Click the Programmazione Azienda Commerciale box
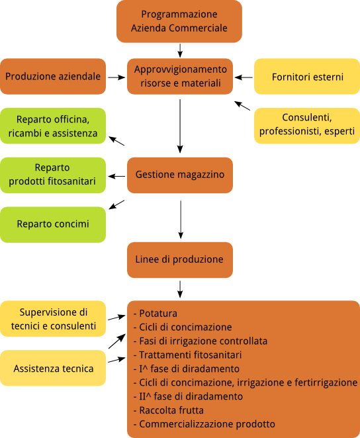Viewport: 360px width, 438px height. [179, 22]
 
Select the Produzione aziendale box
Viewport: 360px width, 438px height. [53, 76]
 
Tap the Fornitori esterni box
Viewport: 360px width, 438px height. [307, 76]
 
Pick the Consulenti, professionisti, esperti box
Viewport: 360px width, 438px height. [307, 126]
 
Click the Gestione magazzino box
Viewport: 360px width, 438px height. [180, 175]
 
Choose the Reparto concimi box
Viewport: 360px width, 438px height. [53, 224]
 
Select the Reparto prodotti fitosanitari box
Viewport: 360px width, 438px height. [53, 175]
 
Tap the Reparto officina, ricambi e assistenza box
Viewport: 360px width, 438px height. [53, 126]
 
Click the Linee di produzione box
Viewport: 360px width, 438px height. [180, 260]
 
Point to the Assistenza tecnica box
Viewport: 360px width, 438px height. [53, 368]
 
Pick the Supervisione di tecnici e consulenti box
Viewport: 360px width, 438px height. [53, 318]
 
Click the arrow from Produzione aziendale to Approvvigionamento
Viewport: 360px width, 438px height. [116, 77]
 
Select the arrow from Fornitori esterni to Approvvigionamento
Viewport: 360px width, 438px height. [244, 77]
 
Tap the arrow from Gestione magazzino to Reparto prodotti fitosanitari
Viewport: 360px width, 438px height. [116, 176]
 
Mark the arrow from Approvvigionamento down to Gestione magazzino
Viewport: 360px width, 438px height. [180, 126]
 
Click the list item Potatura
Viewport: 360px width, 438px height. [156, 314]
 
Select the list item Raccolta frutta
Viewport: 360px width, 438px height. [168, 410]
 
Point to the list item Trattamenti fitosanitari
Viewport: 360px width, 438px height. [187, 355]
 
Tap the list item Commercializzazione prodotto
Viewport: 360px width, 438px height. [204, 424]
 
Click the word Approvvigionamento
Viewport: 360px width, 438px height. [181, 69]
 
